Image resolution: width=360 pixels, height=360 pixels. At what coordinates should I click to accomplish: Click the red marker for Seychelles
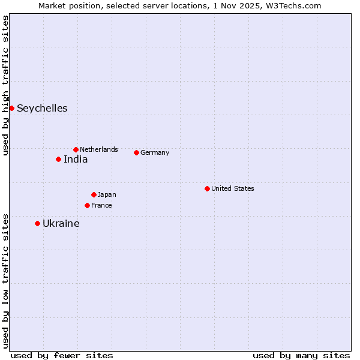coord(11,108)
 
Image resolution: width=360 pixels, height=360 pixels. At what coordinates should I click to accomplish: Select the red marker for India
coord(58,159)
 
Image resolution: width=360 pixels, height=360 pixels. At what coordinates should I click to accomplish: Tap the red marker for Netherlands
coord(76,149)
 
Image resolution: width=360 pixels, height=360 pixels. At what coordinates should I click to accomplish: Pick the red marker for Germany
coord(136,152)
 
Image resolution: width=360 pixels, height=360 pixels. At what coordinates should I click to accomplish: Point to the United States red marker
coord(207,188)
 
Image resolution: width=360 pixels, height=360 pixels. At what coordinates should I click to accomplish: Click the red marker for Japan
coord(94,194)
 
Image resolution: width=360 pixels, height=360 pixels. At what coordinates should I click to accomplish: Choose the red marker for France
coord(87,205)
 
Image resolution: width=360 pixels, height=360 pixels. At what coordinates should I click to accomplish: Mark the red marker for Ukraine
coord(37,223)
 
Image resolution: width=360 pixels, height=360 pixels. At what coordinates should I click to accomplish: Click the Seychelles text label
coord(42,109)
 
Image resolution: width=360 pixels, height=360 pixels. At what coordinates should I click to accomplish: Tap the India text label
coord(76,160)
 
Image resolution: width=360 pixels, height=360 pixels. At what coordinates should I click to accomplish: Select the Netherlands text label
coord(99,149)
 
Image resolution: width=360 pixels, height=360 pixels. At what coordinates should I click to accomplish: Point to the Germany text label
coord(155,152)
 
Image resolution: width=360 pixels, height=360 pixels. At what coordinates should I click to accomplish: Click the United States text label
coord(233,188)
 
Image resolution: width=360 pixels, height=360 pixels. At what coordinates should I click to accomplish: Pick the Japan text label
coord(107,194)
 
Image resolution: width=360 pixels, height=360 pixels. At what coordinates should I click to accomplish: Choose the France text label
coord(101,205)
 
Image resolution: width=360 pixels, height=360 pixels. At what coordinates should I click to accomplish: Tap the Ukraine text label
coord(61,224)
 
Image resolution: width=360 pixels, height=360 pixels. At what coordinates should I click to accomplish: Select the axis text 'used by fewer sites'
coord(62,355)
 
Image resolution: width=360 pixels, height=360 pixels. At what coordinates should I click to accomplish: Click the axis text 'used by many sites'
coord(301,355)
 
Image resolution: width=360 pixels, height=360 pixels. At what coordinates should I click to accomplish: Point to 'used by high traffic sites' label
coord(5,85)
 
